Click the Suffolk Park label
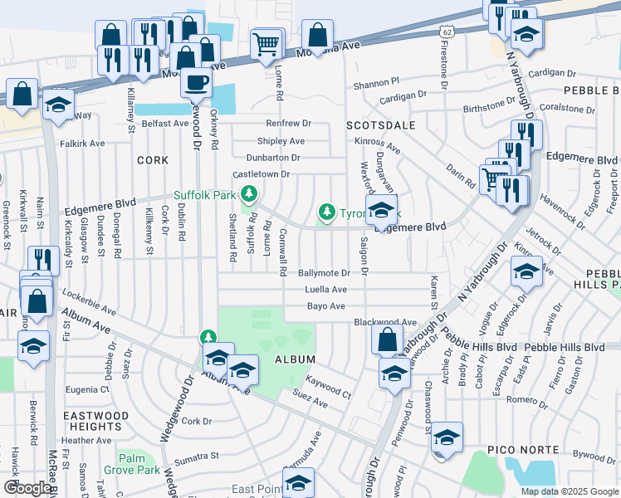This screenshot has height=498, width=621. point(205,195)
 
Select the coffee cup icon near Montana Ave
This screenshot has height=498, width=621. point(196,82)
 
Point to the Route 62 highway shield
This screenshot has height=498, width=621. point(447,32)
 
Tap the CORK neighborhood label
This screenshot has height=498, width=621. point(152,159)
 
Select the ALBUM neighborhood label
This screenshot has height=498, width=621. point(295,359)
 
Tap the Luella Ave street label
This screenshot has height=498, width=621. point(326,290)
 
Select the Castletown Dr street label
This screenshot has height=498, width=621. point(261,174)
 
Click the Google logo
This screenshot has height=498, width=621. point(27,488)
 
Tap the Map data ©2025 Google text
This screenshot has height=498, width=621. point(569,491)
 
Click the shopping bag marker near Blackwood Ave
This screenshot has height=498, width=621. point(387,339)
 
